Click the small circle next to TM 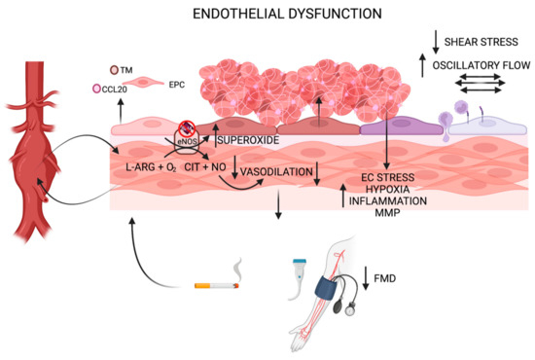114,70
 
